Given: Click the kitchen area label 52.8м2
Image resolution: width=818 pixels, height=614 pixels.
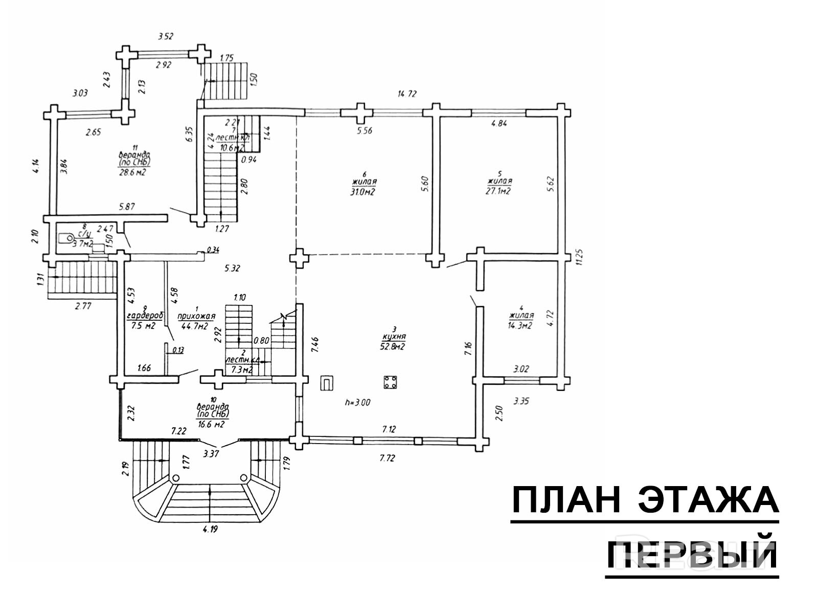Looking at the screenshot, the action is point(394,347).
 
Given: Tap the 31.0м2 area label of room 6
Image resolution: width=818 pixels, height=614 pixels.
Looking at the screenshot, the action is point(364,192).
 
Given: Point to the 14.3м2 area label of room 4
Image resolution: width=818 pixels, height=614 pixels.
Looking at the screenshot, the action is point(520,325).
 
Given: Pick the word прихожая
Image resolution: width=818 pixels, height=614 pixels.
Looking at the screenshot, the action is point(196,317).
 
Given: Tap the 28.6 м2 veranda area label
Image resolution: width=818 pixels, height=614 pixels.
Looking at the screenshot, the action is point(134,172).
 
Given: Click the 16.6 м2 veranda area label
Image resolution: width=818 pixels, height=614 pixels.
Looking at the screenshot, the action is point(213,424).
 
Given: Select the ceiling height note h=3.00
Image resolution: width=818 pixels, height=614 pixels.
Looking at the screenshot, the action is point(358,402).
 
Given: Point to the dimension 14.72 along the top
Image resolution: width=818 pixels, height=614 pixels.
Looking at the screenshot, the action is point(407,94).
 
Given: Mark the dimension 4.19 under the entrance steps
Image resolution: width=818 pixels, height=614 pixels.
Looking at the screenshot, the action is point(210,530).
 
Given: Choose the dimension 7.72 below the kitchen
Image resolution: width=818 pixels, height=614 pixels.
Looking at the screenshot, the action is point(388,458).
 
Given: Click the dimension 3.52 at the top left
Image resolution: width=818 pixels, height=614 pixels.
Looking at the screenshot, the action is point(166,36).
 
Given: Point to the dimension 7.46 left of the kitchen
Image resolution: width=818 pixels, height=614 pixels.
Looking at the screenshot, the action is point(315,344).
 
